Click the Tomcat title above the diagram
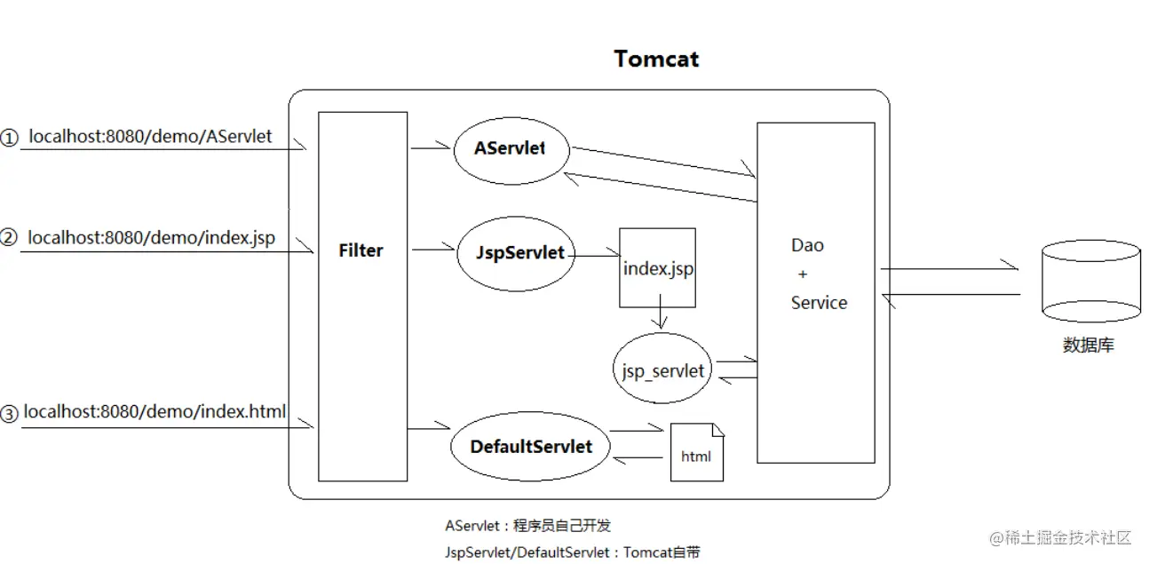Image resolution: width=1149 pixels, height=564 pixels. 656,60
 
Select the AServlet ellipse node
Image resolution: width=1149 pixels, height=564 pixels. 510,148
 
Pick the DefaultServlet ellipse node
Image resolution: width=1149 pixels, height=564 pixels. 531,446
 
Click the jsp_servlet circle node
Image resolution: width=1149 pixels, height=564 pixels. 662,369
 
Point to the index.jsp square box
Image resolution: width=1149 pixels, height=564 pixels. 657,268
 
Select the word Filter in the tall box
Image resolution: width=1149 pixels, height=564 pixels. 361,250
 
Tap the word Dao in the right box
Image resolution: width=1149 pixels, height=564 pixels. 807,246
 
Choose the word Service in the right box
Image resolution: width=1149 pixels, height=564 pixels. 819,303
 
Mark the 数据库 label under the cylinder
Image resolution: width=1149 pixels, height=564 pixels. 1088,346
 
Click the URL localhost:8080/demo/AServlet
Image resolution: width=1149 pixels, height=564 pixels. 150,137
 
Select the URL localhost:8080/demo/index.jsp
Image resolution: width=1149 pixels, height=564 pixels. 151,238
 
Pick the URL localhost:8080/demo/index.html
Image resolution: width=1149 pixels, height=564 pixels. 155,412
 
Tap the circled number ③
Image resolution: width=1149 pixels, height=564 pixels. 9,414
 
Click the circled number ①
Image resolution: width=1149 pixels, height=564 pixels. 9,138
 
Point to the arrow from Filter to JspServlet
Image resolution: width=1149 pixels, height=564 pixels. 433,250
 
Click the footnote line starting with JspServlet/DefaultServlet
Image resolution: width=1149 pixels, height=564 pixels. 572,552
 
